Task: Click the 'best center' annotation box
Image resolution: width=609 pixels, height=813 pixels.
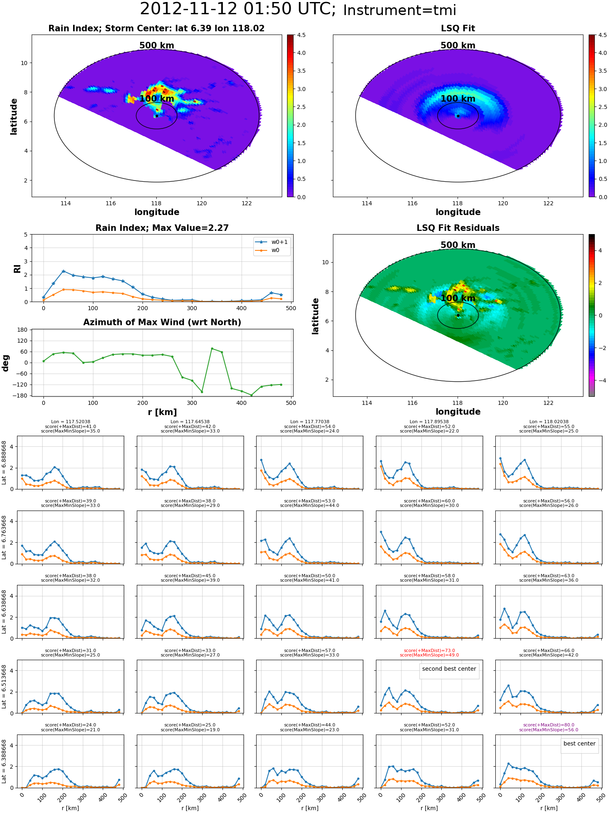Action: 579,744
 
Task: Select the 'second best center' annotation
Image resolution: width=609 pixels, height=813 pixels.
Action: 449,669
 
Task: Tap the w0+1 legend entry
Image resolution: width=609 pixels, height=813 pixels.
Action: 272,242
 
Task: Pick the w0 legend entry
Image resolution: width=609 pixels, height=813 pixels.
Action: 272,250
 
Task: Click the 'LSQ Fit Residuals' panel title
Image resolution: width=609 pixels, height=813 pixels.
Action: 458,228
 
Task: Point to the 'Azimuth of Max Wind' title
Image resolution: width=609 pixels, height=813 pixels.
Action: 162,322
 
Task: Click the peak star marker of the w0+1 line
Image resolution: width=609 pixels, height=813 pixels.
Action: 63,271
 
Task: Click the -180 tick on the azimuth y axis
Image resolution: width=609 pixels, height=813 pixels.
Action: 22,396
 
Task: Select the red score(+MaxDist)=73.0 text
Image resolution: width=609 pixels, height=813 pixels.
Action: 429,651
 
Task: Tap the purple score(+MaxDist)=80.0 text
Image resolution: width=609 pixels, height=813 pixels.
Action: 549,725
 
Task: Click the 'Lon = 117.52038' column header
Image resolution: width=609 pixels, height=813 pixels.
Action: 71,422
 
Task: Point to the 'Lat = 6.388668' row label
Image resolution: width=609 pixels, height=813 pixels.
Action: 4,761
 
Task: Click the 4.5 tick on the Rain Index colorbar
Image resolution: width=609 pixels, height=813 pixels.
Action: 301,35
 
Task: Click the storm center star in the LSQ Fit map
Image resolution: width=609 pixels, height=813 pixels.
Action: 458,116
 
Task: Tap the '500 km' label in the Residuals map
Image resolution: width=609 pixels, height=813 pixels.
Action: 458,245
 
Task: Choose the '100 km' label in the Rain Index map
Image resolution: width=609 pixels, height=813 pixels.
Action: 157,99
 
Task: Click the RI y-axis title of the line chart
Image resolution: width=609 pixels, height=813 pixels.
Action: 17,268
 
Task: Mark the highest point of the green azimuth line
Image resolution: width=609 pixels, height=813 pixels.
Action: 212,348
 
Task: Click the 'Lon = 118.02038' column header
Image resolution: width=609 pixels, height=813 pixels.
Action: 549,422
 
